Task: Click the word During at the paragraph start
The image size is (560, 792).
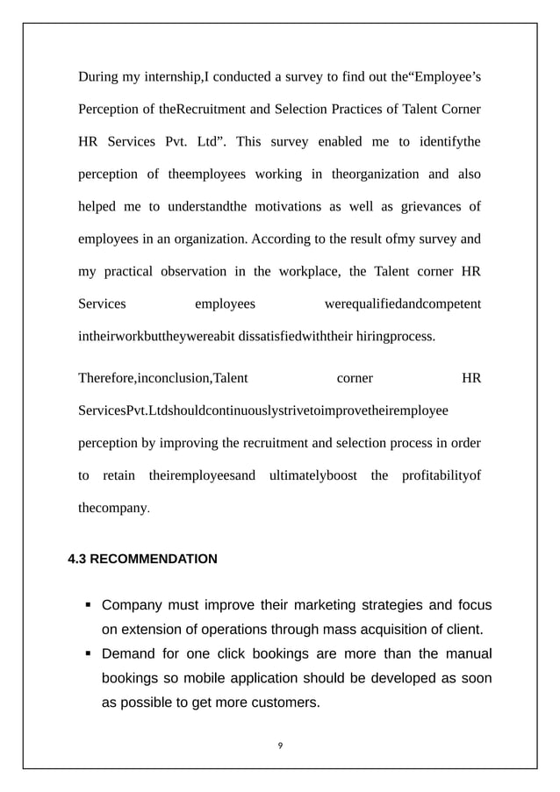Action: point(98,76)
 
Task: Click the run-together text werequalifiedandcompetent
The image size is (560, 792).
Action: point(402,303)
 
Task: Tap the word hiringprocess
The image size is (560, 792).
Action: point(392,335)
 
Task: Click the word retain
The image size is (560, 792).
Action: point(118,475)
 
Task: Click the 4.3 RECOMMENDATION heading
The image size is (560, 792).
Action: point(142,558)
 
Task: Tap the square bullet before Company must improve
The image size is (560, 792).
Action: point(89,605)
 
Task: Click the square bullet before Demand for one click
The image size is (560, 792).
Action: point(89,654)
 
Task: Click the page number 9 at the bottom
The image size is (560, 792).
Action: point(280,746)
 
